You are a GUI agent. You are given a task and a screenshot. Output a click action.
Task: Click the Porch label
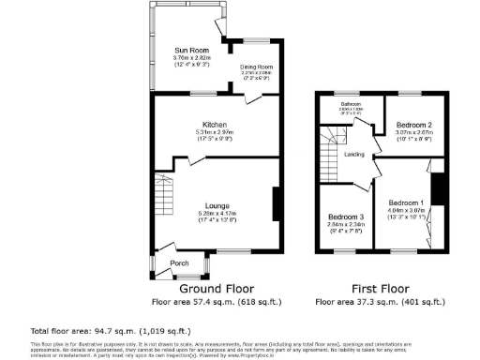coord(179,263)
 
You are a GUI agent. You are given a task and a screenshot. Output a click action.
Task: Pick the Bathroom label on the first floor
coord(352,104)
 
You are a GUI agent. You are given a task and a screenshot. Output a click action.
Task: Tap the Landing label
coord(354,154)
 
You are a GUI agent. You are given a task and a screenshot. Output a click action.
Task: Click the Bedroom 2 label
coord(413,125)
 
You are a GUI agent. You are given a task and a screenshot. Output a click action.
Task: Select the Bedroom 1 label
coord(407,203)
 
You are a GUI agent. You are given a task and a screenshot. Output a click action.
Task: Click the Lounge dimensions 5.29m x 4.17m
coord(218,215)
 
